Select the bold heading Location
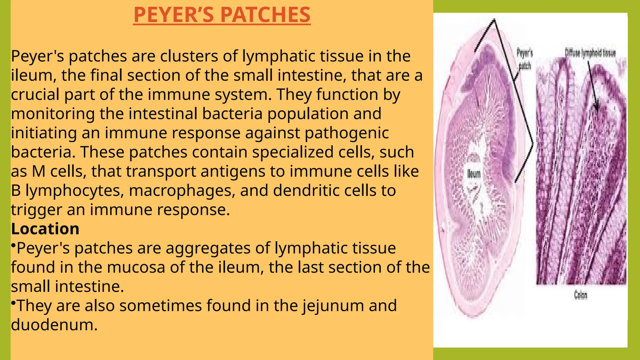point(45,229)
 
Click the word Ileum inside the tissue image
point(474,174)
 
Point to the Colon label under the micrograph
point(581,295)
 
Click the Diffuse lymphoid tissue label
point(590,53)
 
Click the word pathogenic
point(347,133)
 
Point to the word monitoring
point(53,114)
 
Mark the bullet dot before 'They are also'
point(13,302)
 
